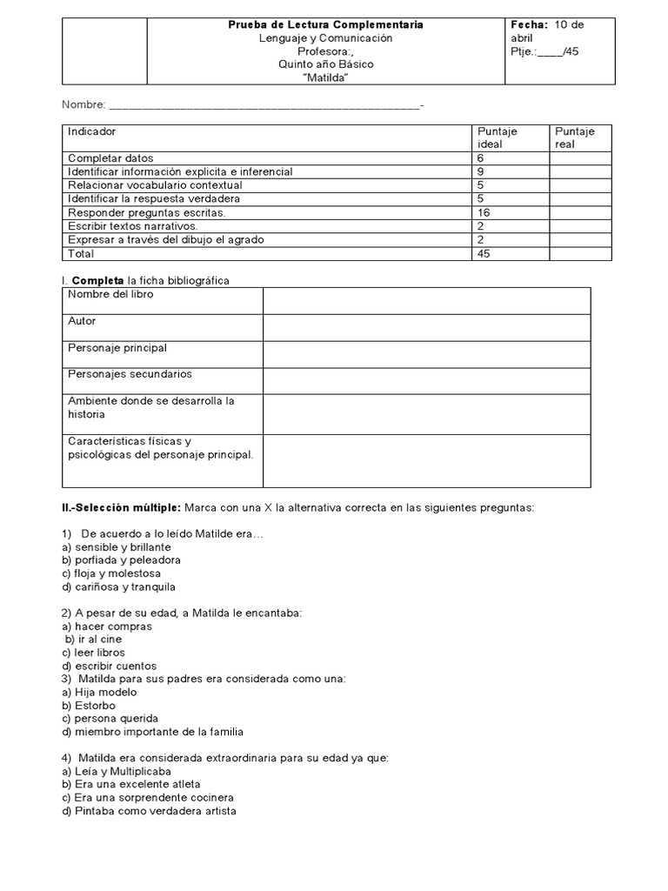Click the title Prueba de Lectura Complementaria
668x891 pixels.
(x=325, y=25)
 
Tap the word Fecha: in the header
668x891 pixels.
(x=529, y=25)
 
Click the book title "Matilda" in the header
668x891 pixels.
(x=325, y=77)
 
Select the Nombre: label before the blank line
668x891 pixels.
(x=83, y=105)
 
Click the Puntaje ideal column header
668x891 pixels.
(x=497, y=137)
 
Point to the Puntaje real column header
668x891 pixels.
(x=574, y=137)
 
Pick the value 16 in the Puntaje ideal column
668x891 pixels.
(x=484, y=212)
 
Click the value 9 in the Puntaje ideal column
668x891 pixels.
(x=481, y=172)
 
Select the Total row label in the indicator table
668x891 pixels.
(x=81, y=253)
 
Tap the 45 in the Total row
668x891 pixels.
(x=484, y=253)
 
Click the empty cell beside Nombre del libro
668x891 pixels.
(x=426, y=301)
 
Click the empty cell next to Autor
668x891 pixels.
(x=426, y=327)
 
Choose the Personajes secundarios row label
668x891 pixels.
(x=130, y=374)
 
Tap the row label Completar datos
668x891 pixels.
(x=110, y=158)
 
